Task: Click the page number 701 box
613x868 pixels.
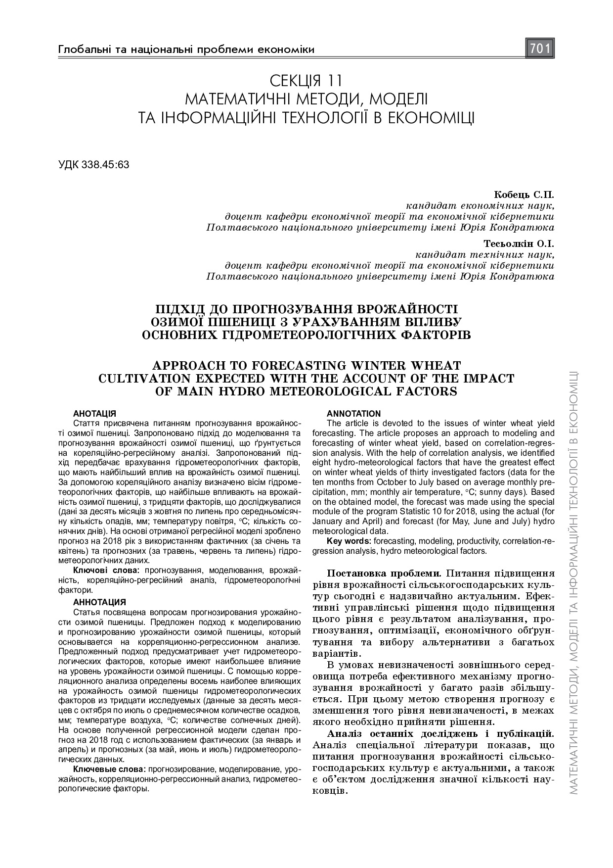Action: click(540, 48)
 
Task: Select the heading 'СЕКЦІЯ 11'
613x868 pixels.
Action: click(306, 80)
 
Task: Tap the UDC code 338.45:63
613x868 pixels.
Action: click(93, 164)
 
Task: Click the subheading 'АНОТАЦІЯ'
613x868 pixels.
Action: click(94, 413)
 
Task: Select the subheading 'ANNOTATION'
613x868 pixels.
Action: click(353, 413)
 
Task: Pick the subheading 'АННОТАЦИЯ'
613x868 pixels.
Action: click(99, 602)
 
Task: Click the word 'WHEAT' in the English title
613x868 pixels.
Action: click(437, 366)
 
